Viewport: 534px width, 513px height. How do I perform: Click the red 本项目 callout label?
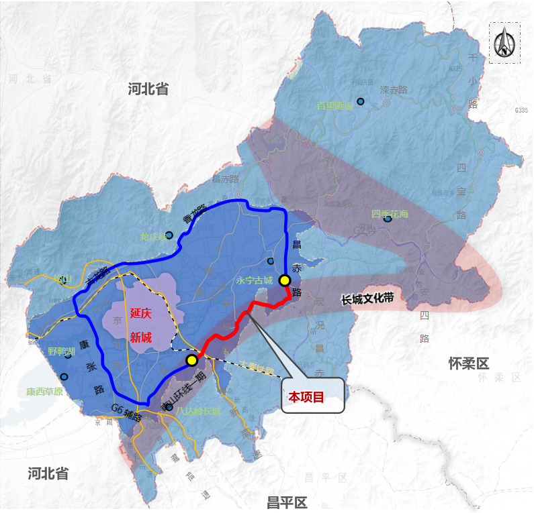[x=306, y=397]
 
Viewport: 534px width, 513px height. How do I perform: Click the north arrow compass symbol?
[x=504, y=44]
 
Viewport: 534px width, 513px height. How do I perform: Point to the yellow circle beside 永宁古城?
[x=285, y=280]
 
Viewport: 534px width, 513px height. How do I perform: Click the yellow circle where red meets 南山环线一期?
[x=191, y=360]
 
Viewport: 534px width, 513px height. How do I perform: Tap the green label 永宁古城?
[x=255, y=281]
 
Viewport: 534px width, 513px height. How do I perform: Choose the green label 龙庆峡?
[x=151, y=237]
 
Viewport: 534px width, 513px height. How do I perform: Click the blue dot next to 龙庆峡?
[x=169, y=235]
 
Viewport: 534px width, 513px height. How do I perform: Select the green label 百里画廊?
[x=335, y=106]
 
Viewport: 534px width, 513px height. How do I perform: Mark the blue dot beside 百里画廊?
[x=361, y=101]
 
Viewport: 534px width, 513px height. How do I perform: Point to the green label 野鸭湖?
[x=60, y=351]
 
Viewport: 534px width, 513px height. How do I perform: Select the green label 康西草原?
[x=44, y=392]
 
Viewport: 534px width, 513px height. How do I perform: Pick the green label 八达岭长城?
[x=196, y=411]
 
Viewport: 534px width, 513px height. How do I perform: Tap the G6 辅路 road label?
[x=128, y=411]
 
